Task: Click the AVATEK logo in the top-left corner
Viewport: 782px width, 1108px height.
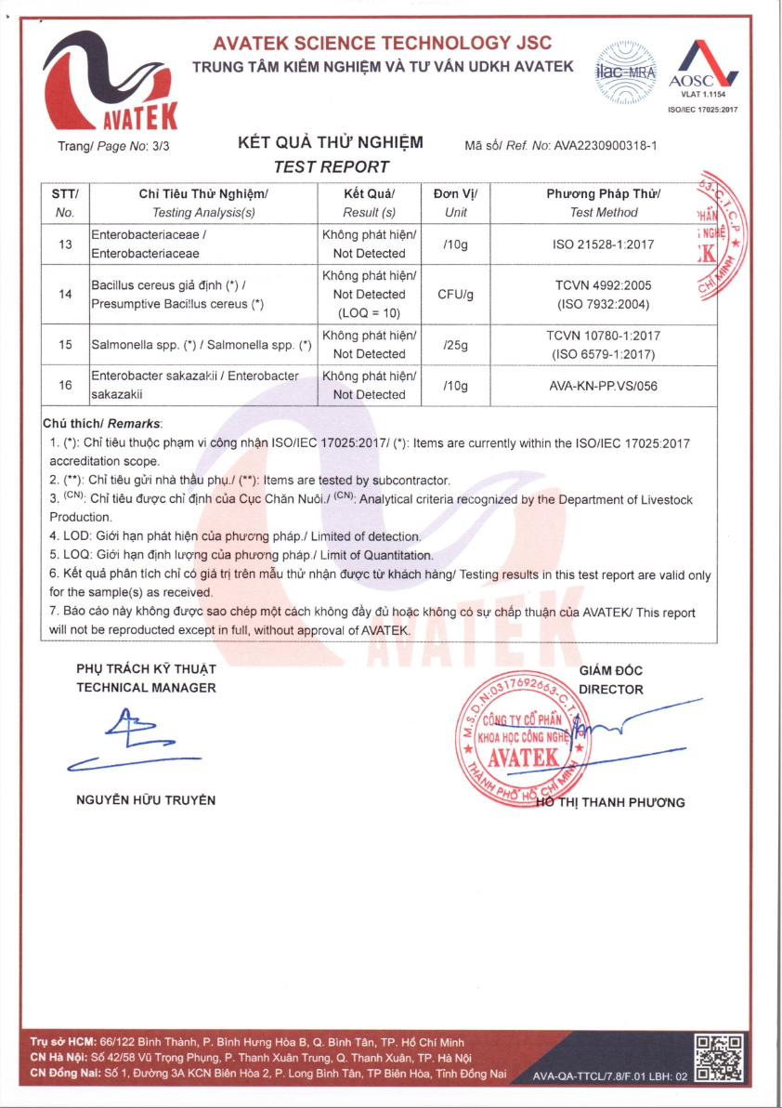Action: point(110,82)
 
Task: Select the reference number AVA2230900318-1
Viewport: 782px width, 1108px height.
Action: point(605,146)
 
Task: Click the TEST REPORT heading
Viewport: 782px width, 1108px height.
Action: point(331,166)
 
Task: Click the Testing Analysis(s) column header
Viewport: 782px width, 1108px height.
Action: point(202,213)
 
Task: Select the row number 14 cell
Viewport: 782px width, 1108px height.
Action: point(65,294)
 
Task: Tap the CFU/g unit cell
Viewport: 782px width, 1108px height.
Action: point(455,294)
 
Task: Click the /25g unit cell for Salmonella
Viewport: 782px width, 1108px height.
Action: point(455,344)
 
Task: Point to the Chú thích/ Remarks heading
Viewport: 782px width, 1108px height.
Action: point(103,423)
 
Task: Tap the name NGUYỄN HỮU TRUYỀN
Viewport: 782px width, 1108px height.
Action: point(146,800)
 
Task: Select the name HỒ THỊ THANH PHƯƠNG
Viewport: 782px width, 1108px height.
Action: point(613,803)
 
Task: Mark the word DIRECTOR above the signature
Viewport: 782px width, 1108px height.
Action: point(610,690)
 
